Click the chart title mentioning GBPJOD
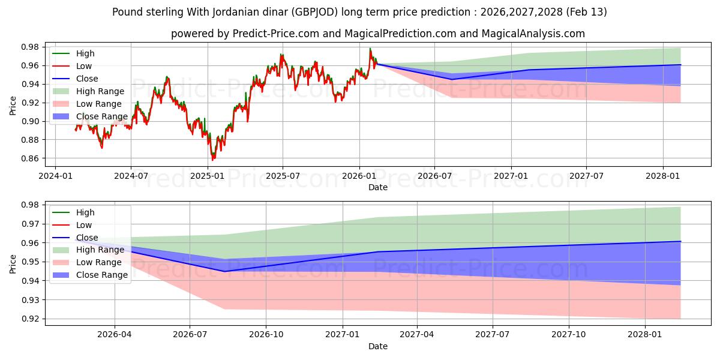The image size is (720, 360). pos(359,12)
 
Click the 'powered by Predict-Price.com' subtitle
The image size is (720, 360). pos(377,34)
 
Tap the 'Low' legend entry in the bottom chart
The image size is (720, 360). pos(84,225)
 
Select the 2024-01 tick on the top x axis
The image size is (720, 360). pos(55,176)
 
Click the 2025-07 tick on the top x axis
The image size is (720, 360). pos(283,176)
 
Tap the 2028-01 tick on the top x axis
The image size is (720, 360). pos(663,176)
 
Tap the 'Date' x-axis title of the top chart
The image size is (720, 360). pos(378,187)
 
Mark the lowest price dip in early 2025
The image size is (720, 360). pos(212,160)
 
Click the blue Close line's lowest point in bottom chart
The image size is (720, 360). pos(225,271)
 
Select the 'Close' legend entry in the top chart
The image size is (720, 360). pos(87,79)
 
